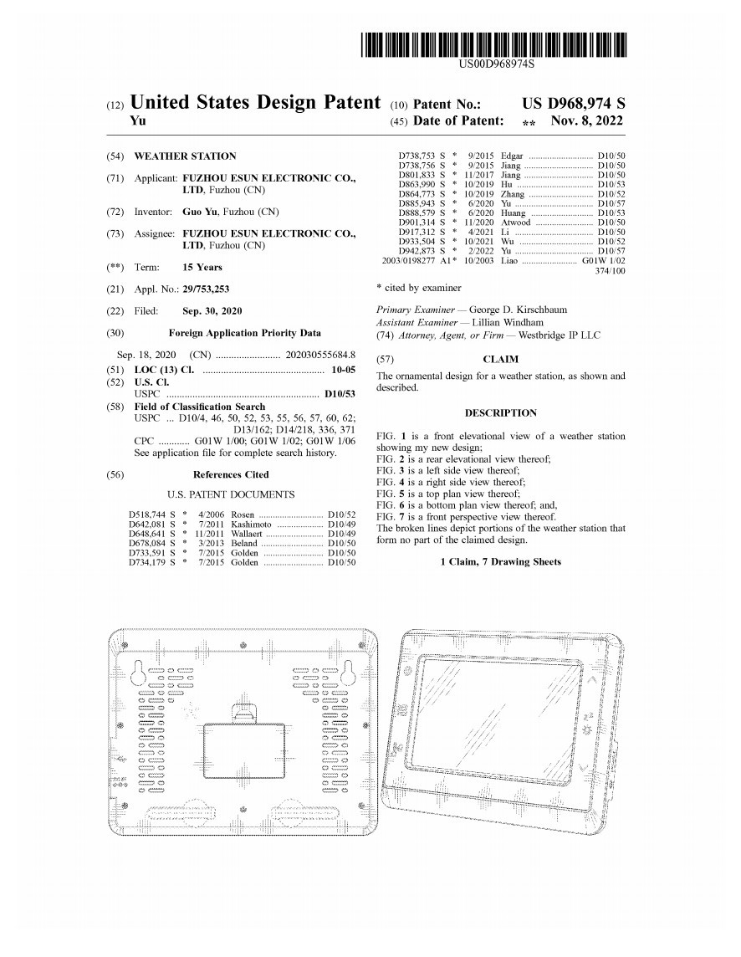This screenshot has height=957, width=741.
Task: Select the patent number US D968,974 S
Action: [x=573, y=104]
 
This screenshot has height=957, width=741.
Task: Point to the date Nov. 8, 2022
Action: [x=587, y=121]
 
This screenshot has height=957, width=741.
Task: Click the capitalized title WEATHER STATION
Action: [x=184, y=156]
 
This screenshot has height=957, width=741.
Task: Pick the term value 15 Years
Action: [x=202, y=267]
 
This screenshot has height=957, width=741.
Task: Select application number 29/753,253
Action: [x=206, y=289]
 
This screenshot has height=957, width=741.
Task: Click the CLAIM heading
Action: [x=500, y=359]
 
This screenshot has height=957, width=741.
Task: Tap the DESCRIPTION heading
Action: [x=500, y=412]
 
